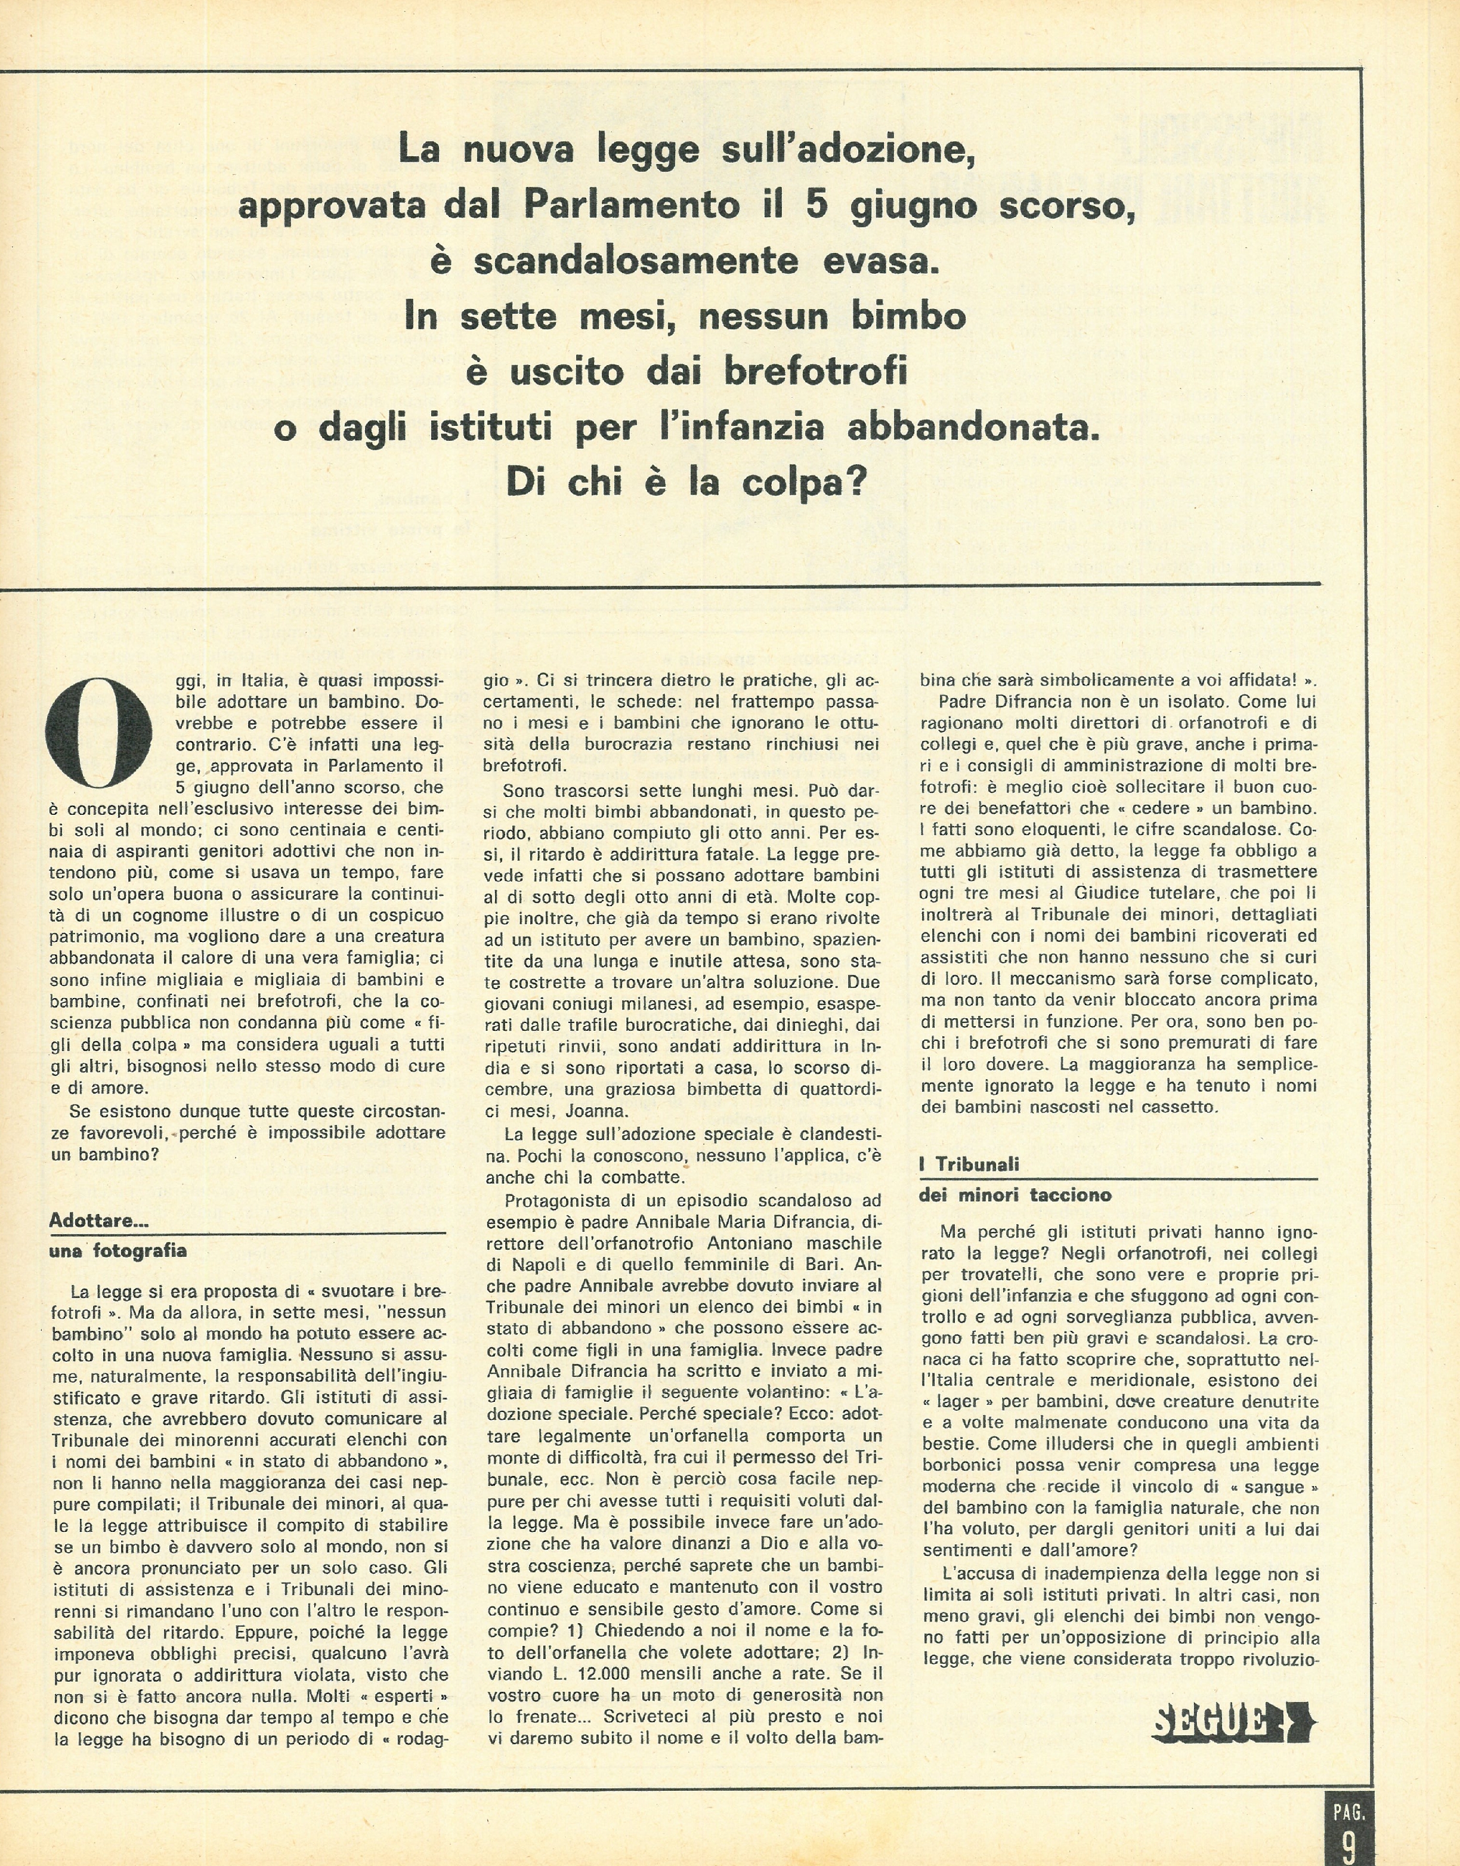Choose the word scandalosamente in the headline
pos(636,261)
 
